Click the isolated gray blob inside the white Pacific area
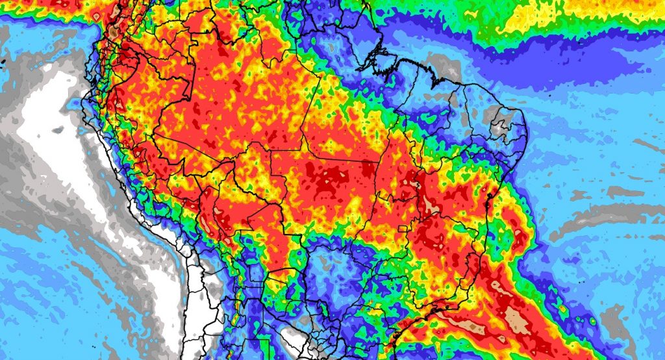tap(58, 130)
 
